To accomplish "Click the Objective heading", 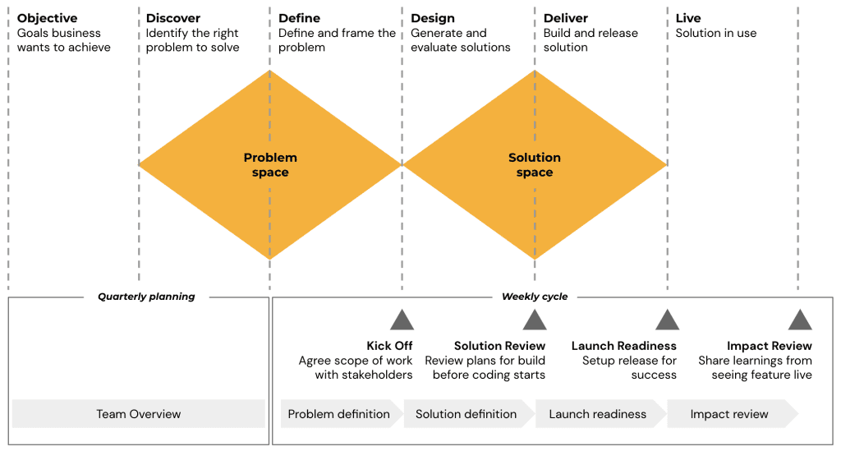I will (x=47, y=18).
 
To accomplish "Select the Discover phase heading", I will (x=173, y=18).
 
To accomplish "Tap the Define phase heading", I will (x=300, y=18).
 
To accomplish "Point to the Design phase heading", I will (x=433, y=18).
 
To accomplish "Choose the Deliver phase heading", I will (x=565, y=18).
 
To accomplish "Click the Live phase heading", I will (x=688, y=18).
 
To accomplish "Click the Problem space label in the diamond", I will (x=270, y=165).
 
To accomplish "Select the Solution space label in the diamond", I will (x=535, y=165).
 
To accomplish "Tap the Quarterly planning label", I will (x=146, y=297).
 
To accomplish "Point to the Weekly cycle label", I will (x=535, y=297).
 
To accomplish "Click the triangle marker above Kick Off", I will (x=402, y=320).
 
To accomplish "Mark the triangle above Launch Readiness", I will (x=667, y=320).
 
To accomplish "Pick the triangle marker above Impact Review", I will (x=800, y=320).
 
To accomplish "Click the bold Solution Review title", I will (x=499, y=346).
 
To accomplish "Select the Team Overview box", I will (x=138, y=414).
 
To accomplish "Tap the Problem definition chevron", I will (x=339, y=414).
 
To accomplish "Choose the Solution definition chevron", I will (x=466, y=414).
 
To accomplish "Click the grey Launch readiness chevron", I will (x=598, y=414).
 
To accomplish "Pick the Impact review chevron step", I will (x=729, y=414).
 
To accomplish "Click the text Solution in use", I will (x=716, y=34).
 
